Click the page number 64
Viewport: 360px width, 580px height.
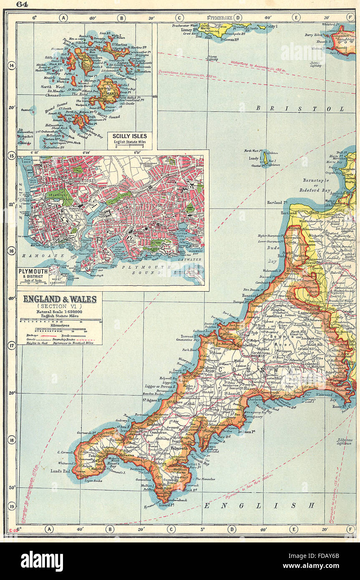pyautogui.click(x=22, y=5)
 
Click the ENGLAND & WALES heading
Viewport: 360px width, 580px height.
pyautogui.click(x=60, y=299)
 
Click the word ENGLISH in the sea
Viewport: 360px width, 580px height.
pyautogui.click(x=259, y=505)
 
